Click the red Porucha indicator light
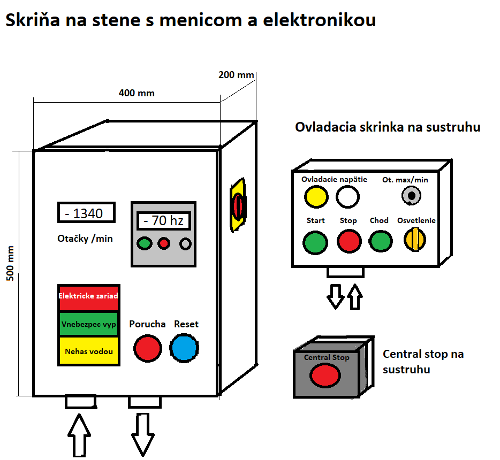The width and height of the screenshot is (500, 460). [147, 348]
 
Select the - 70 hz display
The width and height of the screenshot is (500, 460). [164, 220]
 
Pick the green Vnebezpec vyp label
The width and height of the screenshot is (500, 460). [88, 324]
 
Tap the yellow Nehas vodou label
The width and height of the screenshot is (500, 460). [88, 351]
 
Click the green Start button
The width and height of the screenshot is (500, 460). [315, 242]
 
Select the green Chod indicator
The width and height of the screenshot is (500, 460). [380, 241]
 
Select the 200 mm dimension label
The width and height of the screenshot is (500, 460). [236, 75]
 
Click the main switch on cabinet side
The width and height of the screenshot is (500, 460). [238, 206]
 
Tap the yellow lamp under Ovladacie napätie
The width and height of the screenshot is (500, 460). [316, 197]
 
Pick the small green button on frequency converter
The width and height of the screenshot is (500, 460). [145, 244]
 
